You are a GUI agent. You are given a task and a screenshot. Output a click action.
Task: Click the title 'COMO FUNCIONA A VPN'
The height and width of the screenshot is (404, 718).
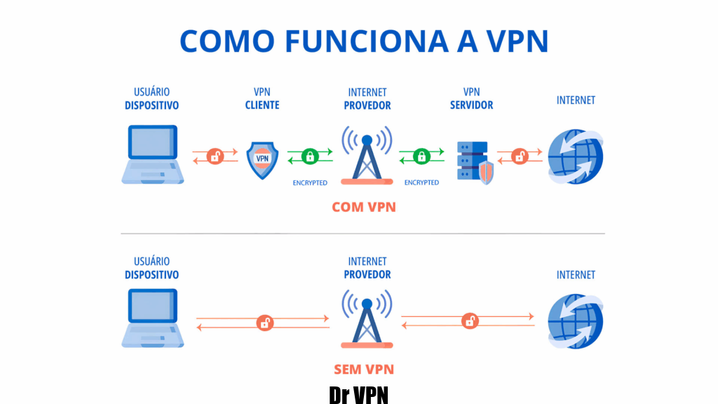[363, 42]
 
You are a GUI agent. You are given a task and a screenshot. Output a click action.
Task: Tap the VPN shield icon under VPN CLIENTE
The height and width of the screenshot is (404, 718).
[262, 159]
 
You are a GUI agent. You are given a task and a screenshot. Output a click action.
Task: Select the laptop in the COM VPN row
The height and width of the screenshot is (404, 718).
[153, 155]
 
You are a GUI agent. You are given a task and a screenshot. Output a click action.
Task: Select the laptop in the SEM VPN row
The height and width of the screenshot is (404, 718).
[153, 320]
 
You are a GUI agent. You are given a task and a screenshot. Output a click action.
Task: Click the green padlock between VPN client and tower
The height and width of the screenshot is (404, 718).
[309, 156]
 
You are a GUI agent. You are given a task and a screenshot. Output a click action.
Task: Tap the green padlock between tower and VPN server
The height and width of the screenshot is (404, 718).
[421, 156]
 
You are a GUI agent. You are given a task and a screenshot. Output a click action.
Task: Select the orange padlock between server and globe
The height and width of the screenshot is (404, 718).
[520, 156]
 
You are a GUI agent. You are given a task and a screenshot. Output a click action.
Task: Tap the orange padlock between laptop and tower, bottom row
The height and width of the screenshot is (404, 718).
[264, 323]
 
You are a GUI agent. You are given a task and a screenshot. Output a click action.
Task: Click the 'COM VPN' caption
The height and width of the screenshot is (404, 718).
[364, 207]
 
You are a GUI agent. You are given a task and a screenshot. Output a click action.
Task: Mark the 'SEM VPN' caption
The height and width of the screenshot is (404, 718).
[363, 369]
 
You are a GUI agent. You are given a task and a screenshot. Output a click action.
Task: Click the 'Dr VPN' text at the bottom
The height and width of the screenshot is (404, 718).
[358, 394]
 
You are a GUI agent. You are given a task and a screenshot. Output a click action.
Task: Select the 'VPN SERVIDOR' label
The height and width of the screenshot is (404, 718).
[471, 99]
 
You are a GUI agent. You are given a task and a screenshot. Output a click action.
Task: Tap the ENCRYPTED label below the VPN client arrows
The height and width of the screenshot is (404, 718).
[310, 182]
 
